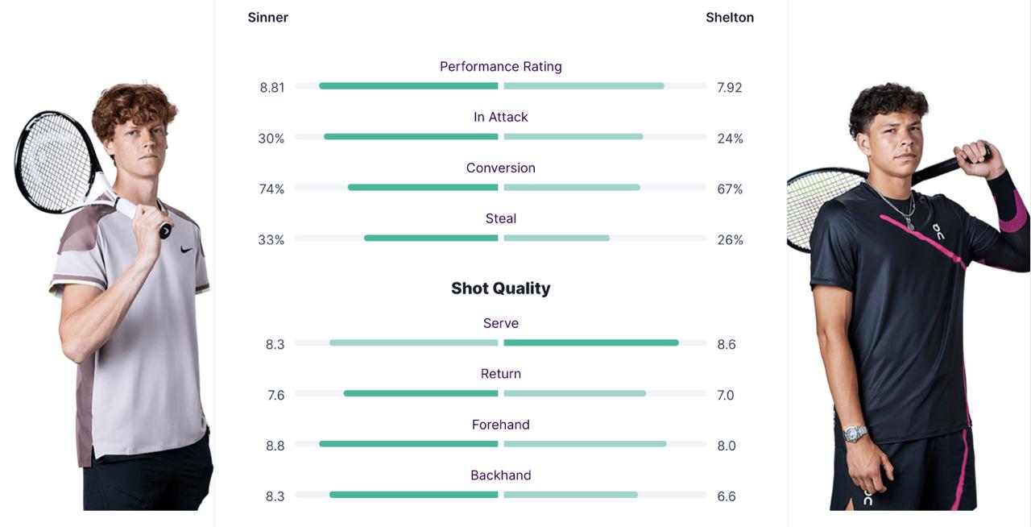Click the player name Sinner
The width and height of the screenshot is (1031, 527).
click(267, 17)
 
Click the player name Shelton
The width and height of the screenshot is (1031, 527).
click(730, 17)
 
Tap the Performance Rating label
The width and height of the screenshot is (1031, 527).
click(500, 66)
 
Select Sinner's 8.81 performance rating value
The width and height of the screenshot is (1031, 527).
click(272, 87)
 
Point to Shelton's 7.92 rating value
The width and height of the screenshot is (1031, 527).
click(729, 87)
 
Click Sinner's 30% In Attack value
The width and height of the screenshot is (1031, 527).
click(271, 139)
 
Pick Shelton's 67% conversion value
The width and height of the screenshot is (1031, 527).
click(730, 189)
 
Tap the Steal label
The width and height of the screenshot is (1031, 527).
click(500, 218)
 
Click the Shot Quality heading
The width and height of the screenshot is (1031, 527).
click(500, 288)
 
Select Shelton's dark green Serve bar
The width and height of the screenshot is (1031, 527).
click(590, 342)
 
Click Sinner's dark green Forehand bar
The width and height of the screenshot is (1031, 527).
click(408, 444)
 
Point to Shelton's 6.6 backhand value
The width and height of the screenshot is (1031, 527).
click(727, 496)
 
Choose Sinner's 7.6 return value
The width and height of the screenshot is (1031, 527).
click(275, 395)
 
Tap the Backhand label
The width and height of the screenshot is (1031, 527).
click(500, 475)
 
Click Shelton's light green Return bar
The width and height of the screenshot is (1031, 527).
click(574, 393)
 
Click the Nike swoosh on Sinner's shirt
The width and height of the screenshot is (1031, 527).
click(187, 249)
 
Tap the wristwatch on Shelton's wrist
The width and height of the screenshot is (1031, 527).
click(855, 434)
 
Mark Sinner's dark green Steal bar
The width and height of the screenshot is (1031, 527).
click(431, 239)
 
